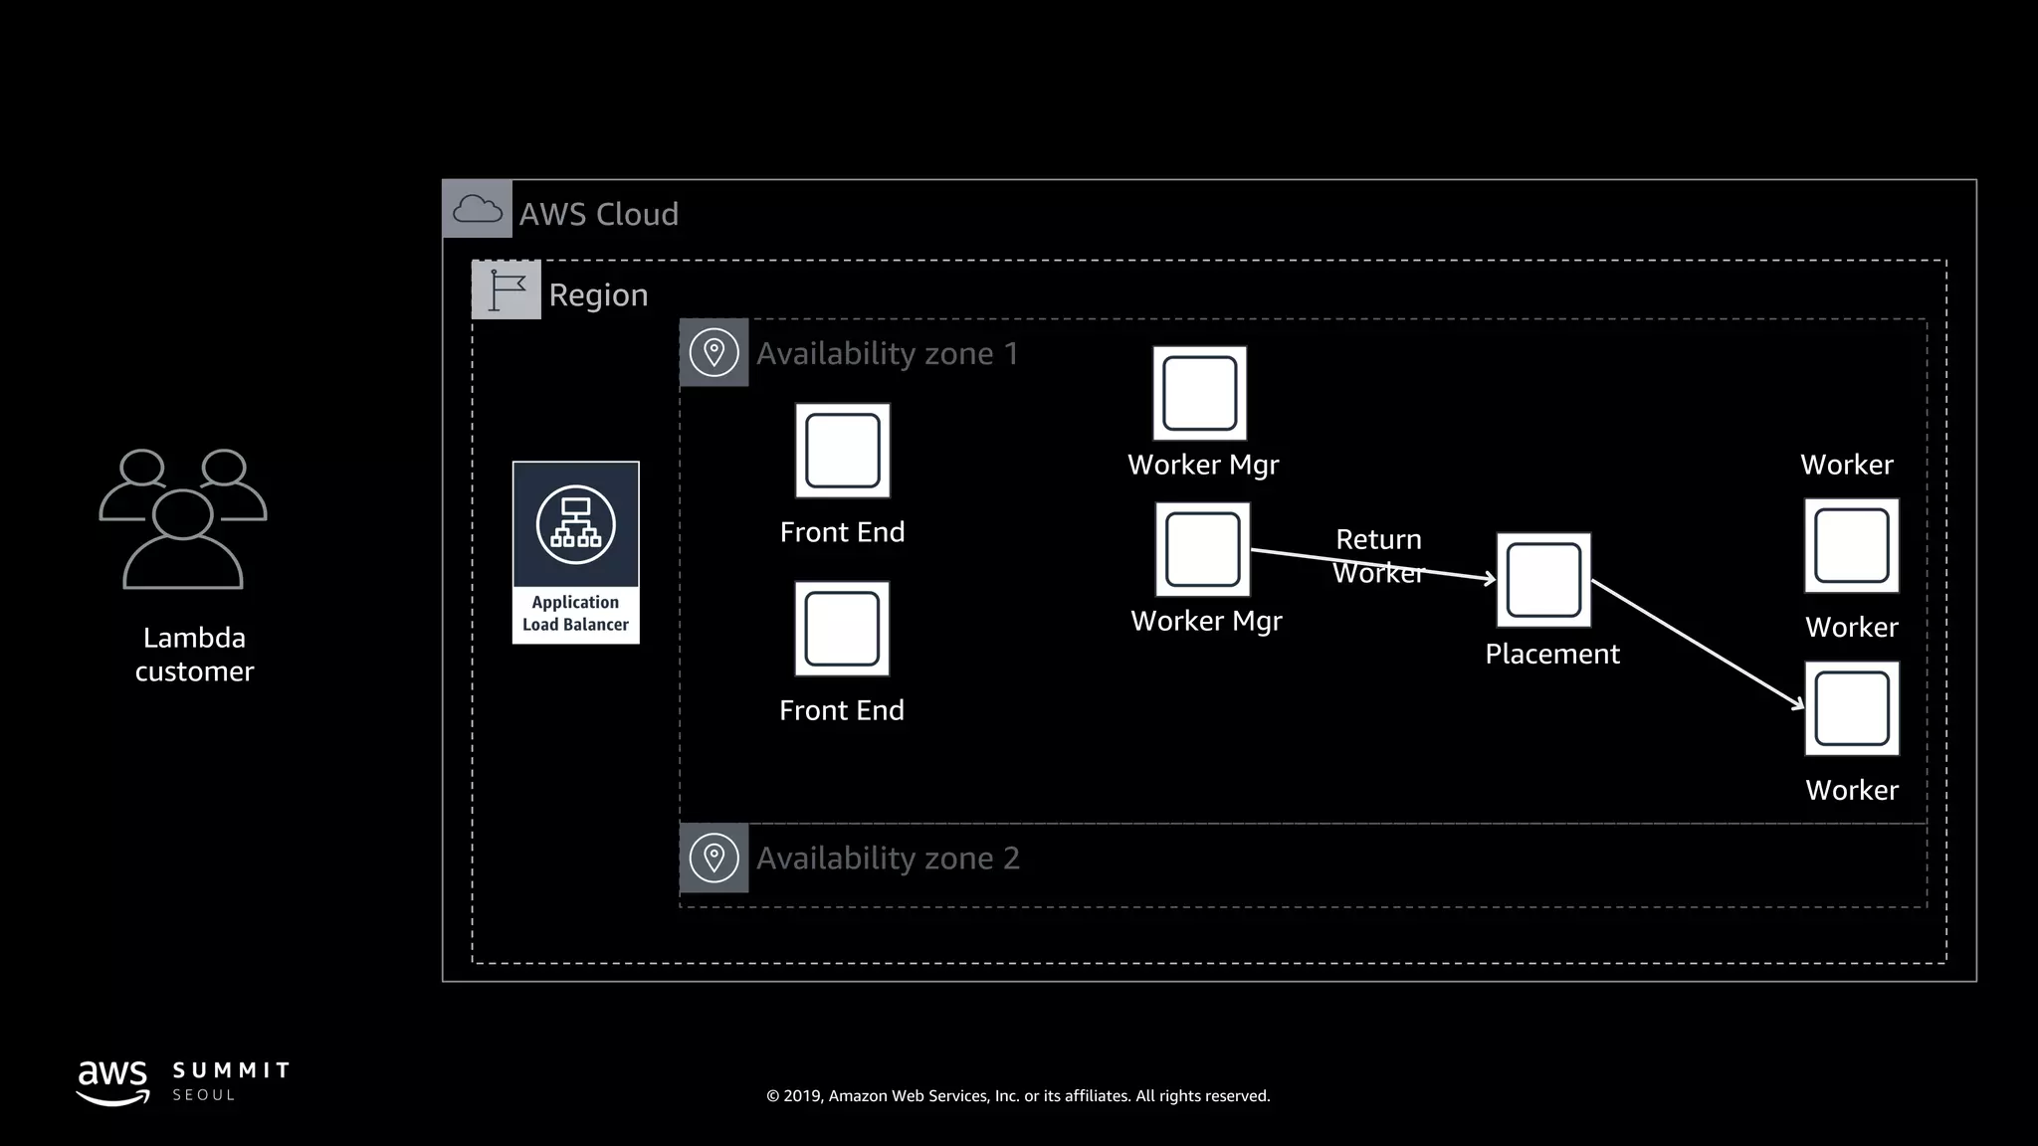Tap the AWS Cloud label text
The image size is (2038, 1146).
[598, 214]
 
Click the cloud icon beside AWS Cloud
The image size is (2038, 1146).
[477, 209]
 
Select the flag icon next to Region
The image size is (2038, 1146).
[506, 289]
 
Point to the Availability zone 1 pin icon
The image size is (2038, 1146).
[713, 352]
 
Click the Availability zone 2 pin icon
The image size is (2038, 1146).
[713, 858]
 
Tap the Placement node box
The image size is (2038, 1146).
[1543, 580]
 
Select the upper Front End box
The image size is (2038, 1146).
[842, 451]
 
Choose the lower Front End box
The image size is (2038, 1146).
[842, 629]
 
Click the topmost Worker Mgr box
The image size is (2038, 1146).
[1199, 394]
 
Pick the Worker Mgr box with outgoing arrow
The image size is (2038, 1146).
[1202, 549]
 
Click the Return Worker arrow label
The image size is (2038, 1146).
[1378, 555]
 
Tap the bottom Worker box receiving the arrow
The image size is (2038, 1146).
[1851, 708]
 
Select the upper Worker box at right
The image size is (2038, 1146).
[1851, 546]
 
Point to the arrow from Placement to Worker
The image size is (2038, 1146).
[1697, 644]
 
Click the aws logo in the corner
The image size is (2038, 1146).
[112, 1081]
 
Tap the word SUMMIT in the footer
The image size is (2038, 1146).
[231, 1070]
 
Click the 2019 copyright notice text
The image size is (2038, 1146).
[1018, 1095]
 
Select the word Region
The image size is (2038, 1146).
[598, 294]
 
